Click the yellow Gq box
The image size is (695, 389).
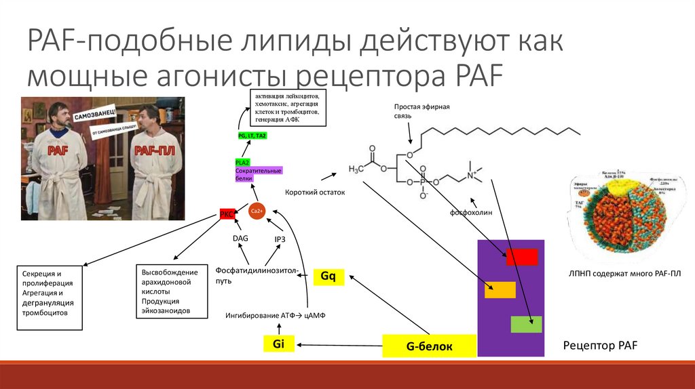click(x=328, y=277)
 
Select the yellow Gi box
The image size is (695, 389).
click(x=278, y=344)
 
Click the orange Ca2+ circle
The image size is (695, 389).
click(x=257, y=211)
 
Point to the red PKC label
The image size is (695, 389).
click(x=227, y=214)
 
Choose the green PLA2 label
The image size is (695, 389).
click(x=242, y=163)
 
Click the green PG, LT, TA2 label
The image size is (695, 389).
click(x=252, y=136)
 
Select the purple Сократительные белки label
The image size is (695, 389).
click(x=258, y=174)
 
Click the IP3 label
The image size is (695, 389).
click(x=280, y=239)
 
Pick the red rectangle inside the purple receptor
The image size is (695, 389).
click(x=521, y=257)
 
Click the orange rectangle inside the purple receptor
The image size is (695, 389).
click(x=500, y=290)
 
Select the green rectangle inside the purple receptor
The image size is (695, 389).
click(x=526, y=324)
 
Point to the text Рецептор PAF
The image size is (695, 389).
click(x=601, y=346)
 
